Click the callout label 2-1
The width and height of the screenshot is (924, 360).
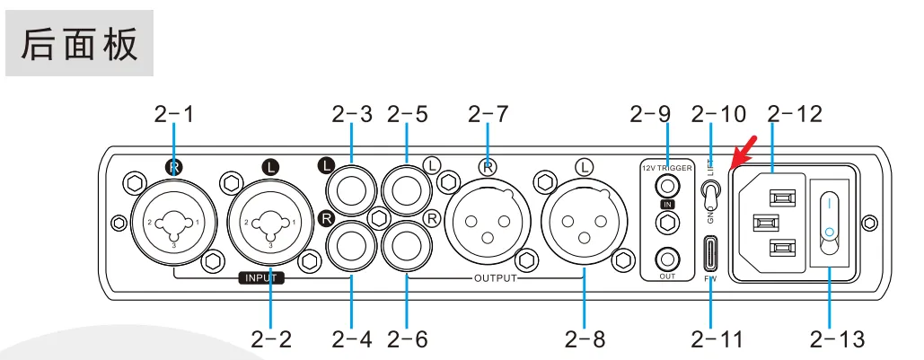(173, 114)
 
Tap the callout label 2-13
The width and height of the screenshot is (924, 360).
(837, 338)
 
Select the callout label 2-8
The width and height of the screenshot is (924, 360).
(585, 338)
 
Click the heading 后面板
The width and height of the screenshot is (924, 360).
(80, 44)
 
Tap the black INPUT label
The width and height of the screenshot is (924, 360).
(260, 278)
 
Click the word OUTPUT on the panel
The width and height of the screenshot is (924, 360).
(495, 278)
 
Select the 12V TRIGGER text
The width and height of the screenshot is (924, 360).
(665, 168)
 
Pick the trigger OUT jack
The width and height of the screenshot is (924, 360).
(665, 258)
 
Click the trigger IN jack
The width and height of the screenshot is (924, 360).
(665, 187)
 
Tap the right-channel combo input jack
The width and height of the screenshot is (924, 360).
(173, 222)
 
